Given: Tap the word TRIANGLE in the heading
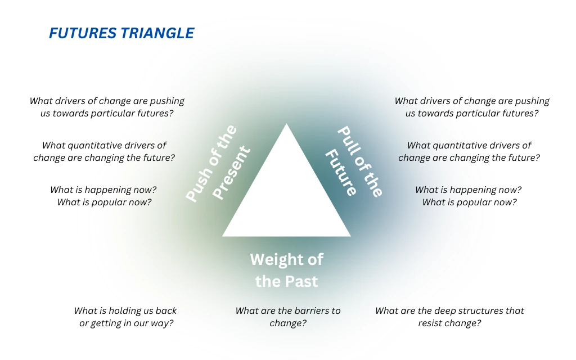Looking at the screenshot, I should coord(157,34).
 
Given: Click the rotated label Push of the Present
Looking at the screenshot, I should coord(218,164).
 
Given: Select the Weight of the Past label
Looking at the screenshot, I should coord(286,270).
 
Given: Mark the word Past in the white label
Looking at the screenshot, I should coord(303,281).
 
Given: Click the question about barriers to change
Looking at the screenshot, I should coord(287,317).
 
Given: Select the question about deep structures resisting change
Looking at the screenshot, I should coord(449,317).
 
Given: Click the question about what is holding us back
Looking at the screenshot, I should coord(125,317).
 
